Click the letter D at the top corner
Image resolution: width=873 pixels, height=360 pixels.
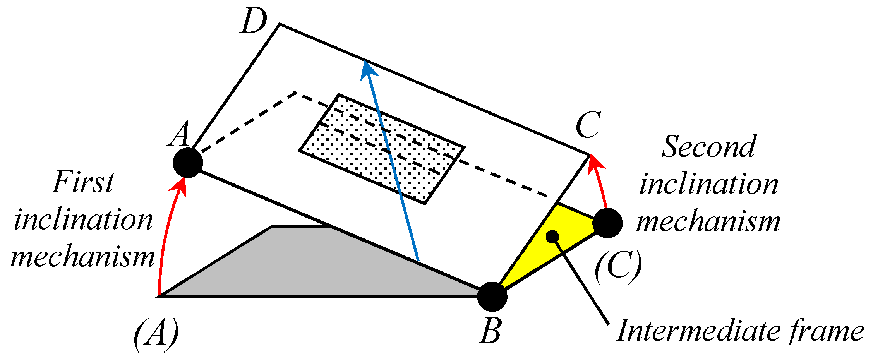[254, 22]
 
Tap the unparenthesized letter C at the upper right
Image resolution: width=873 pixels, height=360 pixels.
[588, 125]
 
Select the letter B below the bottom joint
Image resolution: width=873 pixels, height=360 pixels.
[491, 331]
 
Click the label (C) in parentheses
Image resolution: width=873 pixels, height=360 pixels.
[618, 267]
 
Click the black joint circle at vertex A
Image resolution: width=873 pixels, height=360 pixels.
[188, 163]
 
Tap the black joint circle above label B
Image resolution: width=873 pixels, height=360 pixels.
[492, 297]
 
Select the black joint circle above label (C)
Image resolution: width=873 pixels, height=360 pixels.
[607, 223]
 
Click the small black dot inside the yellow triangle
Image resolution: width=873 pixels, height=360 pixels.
[552, 236]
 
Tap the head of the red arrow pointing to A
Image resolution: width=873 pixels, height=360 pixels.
[179, 187]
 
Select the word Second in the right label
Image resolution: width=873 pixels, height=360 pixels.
[708, 147]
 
